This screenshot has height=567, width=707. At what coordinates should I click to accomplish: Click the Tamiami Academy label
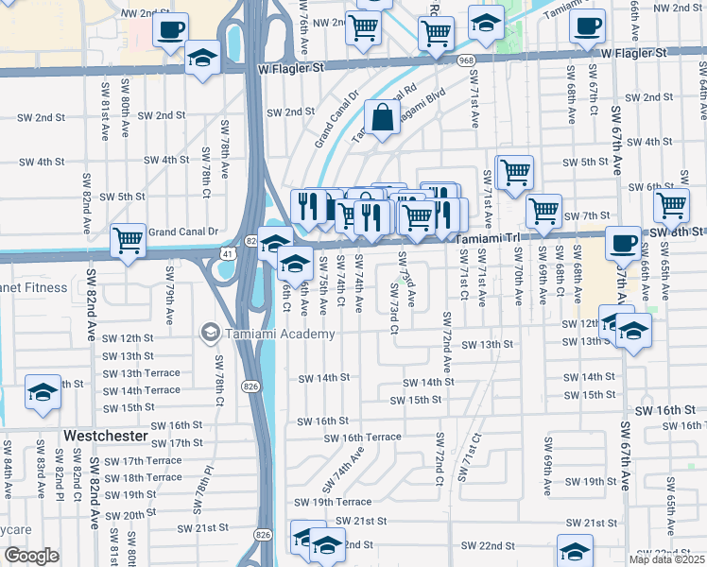coord(279,334)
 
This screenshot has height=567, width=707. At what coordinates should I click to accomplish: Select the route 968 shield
coord(465,60)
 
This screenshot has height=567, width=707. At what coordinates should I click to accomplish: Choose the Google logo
coord(31,556)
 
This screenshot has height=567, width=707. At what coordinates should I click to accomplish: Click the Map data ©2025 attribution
coord(666,559)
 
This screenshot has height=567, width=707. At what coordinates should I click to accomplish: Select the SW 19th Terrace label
coord(333,502)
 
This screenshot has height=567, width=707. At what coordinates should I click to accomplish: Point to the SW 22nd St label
coord(489,546)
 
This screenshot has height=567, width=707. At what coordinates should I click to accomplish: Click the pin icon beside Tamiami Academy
coord(209,334)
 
